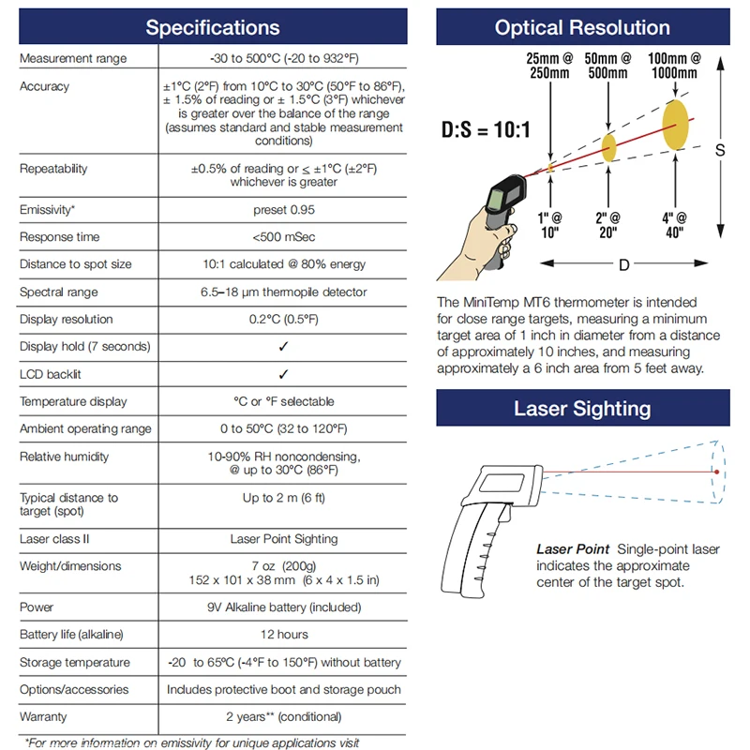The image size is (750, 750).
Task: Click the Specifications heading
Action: coord(212,27)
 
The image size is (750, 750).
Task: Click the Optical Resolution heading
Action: coord(582,27)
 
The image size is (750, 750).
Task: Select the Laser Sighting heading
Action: coord(582,408)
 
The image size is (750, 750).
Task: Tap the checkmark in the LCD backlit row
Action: coord(283,374)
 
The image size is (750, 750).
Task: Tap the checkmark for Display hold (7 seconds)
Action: coord(283,347)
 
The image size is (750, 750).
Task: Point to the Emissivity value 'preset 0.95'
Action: coord(283,210)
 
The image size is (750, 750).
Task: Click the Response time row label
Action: coord(59,237)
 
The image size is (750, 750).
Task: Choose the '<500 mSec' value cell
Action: coord(283,237)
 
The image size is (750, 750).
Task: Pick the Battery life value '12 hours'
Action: coord(283,635)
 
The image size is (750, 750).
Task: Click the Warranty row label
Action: coord(44,717)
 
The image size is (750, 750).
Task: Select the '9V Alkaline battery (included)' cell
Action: coord(283,607)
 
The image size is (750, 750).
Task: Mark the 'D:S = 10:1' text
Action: coord(486,128)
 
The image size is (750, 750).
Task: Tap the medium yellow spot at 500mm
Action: coord(609,146)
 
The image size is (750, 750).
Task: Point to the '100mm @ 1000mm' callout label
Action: coord(673,66)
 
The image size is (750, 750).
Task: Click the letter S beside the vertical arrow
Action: coord(720,149)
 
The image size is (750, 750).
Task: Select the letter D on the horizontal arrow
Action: coord(623,264)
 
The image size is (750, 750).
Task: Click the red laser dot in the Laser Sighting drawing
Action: coord(716,472)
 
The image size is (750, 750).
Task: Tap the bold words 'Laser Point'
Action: coord(572,548)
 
